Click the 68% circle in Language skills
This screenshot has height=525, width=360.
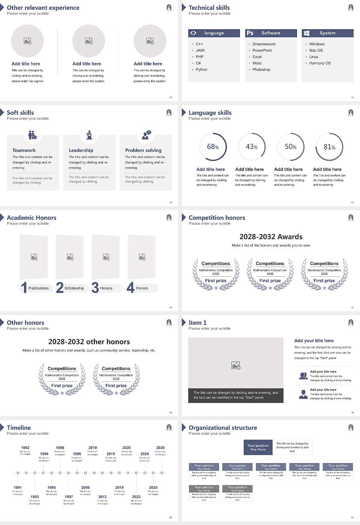pyautogui.click(x=213, y=147)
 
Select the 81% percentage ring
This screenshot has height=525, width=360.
pyautogui.click(x=329, y=147)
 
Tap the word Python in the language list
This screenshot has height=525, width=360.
pyautogui.click(x=201, y=70)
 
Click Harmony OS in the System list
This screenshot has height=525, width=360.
pyautogui.click(x=320, y=63)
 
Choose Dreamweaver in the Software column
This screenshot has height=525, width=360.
pyautogui.click(x=264, y=44)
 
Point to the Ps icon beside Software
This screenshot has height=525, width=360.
pyautogui.click(x=250, y=33)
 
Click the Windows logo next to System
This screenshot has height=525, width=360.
pyautogui.click(x=306, y=33)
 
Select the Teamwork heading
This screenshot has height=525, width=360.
pyautogui.click(x=24, y=150)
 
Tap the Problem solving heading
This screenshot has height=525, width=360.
pyautogui.click(x=143, y=150)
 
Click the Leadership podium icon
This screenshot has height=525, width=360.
pyautogui.click(x=89, y=135)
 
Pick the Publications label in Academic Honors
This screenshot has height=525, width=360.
pyautogui.click(x=39, y=288)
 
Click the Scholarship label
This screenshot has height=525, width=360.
pyautogui.click(x=74, y=288)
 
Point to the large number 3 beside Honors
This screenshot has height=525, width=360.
pyautogui.click(x=95, y=288)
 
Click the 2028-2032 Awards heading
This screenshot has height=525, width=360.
pyautogui.click(x=271, y=237)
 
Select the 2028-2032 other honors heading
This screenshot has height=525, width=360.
pyautogui.click(x=89, y=342)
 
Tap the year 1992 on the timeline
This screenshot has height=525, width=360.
pyautogui.click(x=25, y=448)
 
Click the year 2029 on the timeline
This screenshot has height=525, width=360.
pyautogui.click(x=160, y=448)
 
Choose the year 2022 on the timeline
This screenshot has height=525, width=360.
pyautogui.click(x=136, y=497)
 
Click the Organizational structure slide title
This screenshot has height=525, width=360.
pyautogui.click(x=223, y=428)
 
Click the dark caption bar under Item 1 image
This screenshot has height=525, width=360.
pyautogui.click(x=235, y=395)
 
